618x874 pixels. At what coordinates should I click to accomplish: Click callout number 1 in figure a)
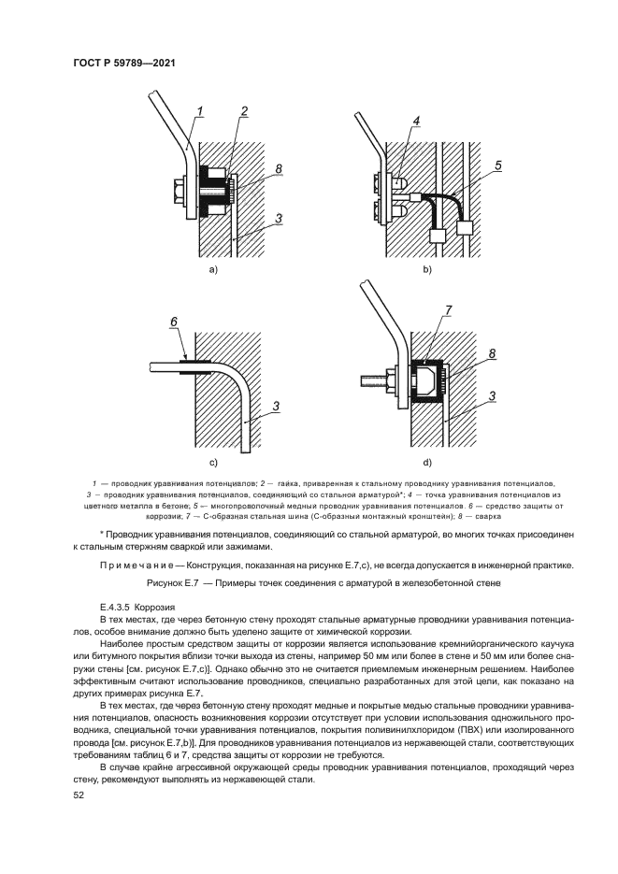coord(199,114)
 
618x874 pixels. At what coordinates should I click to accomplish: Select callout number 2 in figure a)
coord(243,113)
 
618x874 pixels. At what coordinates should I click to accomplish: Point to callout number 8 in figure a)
coord(279,169)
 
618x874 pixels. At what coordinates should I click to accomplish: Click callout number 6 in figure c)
coord(174,322)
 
